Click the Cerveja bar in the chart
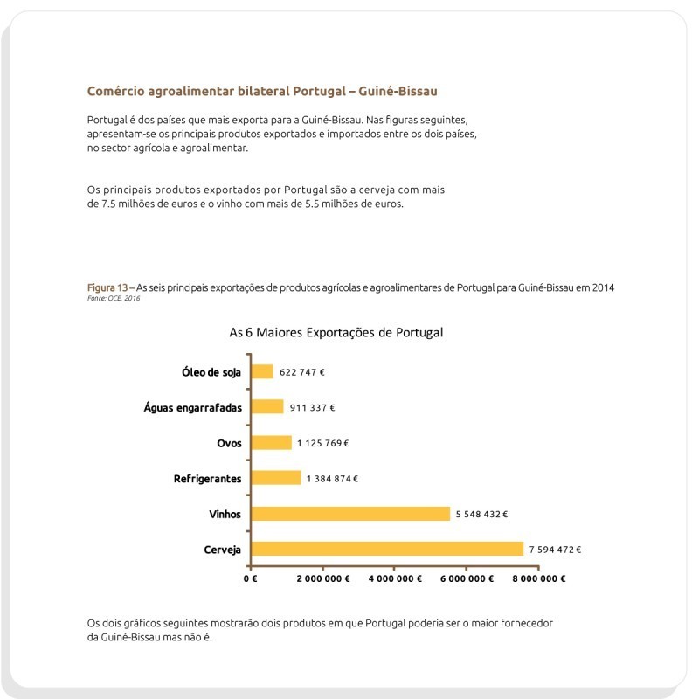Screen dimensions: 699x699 [x=387, y=549]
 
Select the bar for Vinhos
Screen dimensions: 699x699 [x=350, y=514]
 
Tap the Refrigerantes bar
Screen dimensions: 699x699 [x=276, y=478]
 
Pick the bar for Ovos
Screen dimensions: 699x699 [x=272, y=442]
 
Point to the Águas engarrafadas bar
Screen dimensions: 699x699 [x=267, y=407]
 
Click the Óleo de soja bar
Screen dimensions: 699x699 [x=262, y=371]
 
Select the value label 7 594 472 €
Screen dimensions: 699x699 [x=555, y=550]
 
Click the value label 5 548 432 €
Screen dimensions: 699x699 [x=481, y=514]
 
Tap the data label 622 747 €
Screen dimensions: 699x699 [x=302, y=371]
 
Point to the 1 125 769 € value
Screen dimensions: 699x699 [x=323, y=443]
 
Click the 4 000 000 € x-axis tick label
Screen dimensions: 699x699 [x=394, y=578]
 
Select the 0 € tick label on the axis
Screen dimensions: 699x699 [x=250, y=578]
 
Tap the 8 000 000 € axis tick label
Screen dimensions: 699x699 [x=538, y=578]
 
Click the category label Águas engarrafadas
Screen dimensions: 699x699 [x=192, y=407]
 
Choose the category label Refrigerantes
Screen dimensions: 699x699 [x=207, y=479]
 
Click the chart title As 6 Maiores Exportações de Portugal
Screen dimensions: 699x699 [x=336, y=333]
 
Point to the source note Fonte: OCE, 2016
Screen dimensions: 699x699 [x=114, y=298]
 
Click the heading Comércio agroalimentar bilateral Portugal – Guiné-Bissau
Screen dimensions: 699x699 [x=262, y=91]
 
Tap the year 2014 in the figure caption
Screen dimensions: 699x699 [x=604, y=287]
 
